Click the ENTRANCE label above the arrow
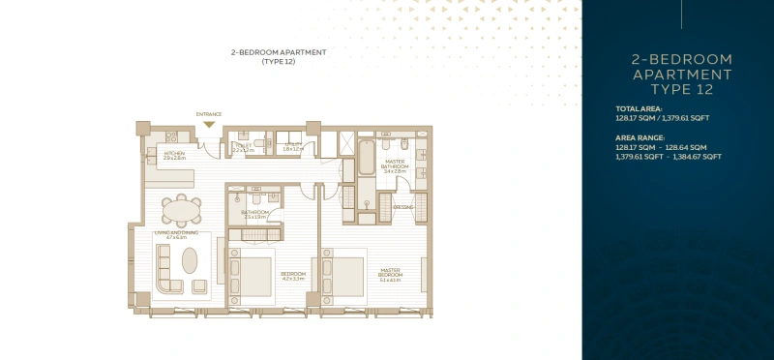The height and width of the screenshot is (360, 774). [209, 114]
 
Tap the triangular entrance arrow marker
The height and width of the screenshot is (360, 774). [209, 124]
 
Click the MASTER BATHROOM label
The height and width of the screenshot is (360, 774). [395, 164]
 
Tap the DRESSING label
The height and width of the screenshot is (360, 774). [402, 206]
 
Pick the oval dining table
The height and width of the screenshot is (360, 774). [181, 210]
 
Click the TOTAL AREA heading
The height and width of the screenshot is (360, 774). [639, 107]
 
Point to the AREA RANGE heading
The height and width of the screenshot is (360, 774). [640, 137]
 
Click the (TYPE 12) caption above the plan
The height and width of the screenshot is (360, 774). [278, 62]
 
